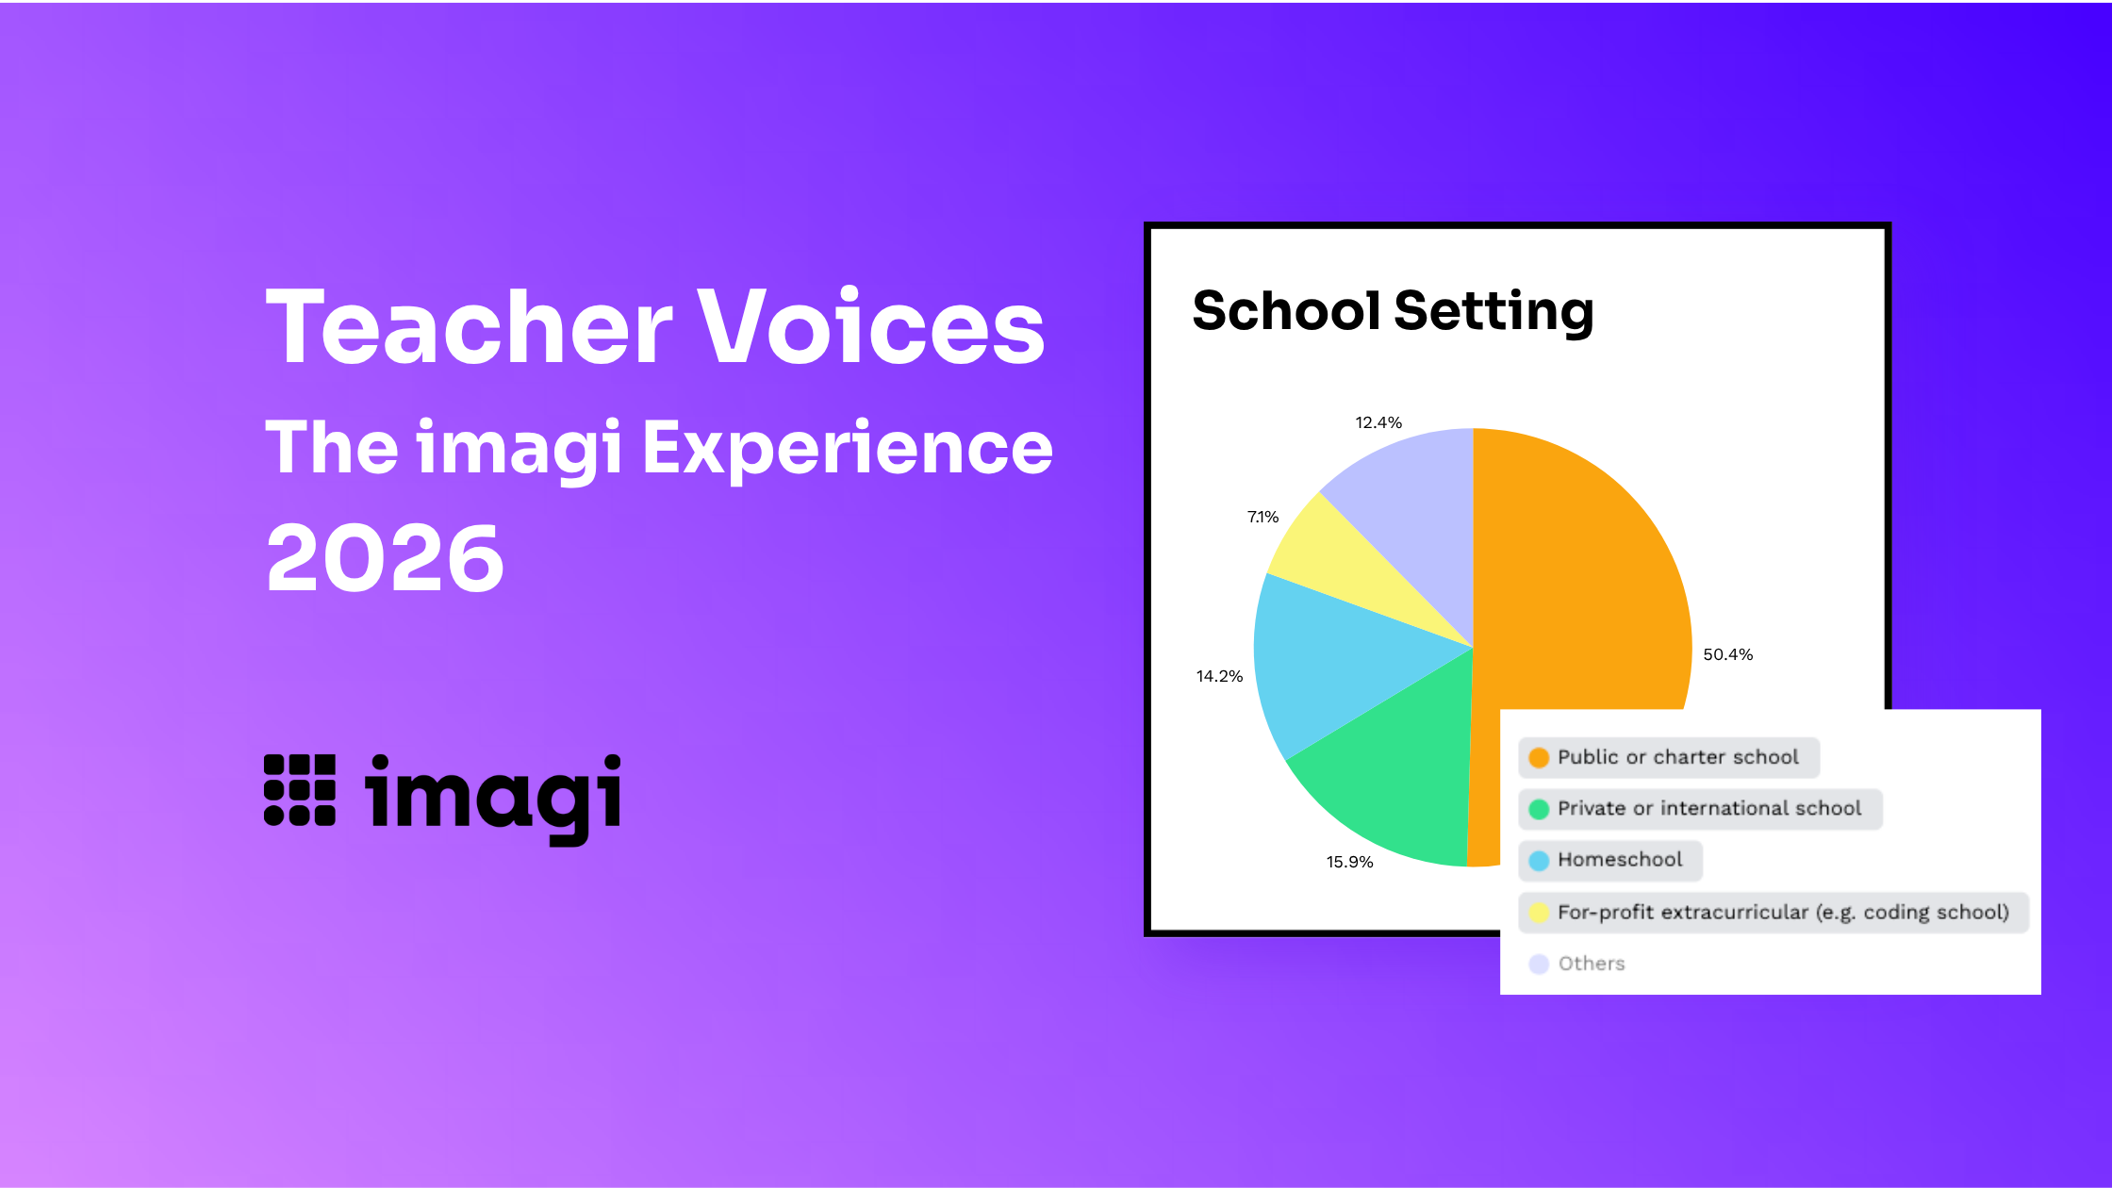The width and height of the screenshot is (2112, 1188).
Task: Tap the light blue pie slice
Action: (x=1339, y=660)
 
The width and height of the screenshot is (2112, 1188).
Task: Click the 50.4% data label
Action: (x=1727, y=654)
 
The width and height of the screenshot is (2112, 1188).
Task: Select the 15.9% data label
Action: (x=1349, y=862)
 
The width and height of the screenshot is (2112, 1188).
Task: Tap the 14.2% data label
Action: (x=1219, y=676)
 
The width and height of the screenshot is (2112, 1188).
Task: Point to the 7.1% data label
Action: (x=1262, y=517)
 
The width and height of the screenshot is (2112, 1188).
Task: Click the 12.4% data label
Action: (x=1378, y=422)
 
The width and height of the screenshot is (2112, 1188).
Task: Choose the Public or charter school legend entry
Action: (x=1668, y=757)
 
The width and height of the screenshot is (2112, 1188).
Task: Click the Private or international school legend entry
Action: (x=1700, y=809)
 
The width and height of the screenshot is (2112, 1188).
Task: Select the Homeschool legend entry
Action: (x=1609, y=860)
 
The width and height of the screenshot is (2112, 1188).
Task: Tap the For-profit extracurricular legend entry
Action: (x=1773, y=912)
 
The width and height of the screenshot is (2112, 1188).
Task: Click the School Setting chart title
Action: (x=1393, y=311)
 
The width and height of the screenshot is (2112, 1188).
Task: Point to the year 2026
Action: (x=385, y=558)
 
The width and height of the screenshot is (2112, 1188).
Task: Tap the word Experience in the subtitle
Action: (x=847, y=449)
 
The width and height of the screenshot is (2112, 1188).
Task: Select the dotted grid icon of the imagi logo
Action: (x=300, y=790)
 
